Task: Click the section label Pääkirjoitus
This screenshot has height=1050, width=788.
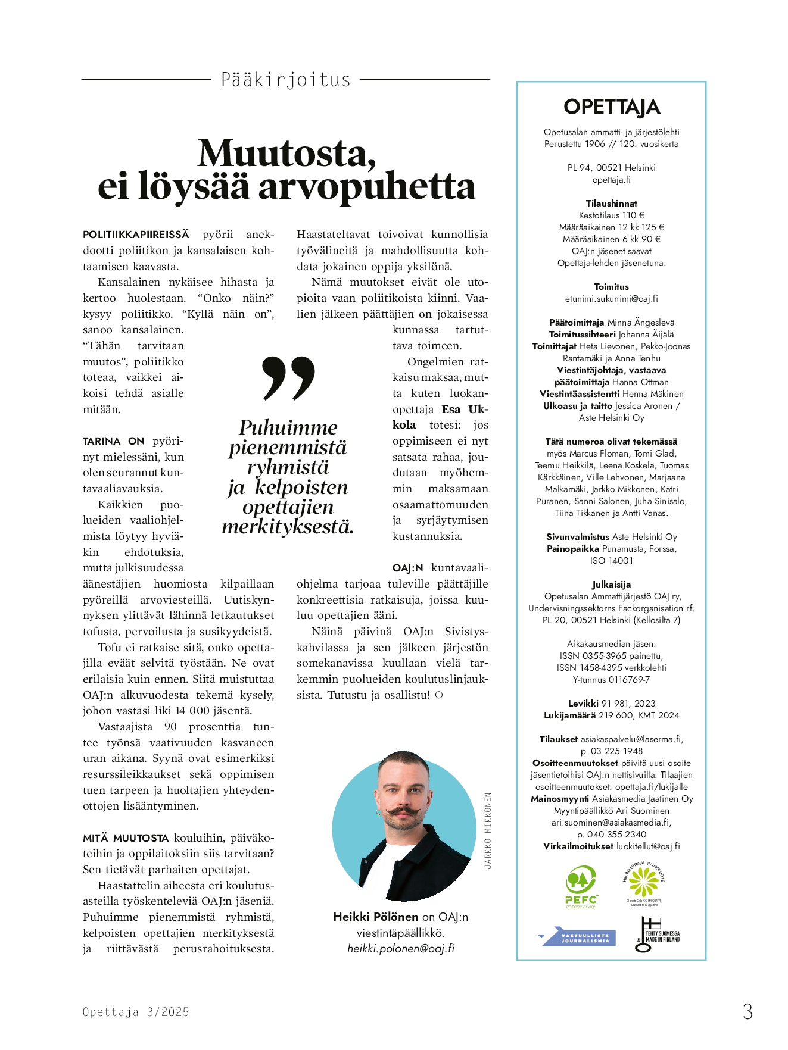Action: (285, 80)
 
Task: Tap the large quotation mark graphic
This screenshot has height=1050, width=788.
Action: (288, 378)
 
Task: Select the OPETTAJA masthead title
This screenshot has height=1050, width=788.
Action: (611, 107)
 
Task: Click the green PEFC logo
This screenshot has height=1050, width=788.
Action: (581, 886)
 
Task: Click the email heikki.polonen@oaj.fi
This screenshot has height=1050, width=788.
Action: (401, 949)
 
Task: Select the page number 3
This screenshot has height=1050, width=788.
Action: (747, 1011)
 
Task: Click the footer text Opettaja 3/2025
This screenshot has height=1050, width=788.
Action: (136, 1012)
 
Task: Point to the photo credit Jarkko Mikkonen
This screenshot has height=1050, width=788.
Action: (488, 830)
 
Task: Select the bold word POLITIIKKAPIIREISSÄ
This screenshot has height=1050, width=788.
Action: (136, 235)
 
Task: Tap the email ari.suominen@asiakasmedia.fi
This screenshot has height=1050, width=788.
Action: (611, 823)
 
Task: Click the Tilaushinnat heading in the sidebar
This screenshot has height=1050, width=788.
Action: (611, 204)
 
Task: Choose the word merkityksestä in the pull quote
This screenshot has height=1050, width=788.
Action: (288, 527)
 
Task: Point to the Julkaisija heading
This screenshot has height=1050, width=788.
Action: (611, 585)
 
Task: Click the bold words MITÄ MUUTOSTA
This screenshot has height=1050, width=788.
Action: (126, 838)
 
